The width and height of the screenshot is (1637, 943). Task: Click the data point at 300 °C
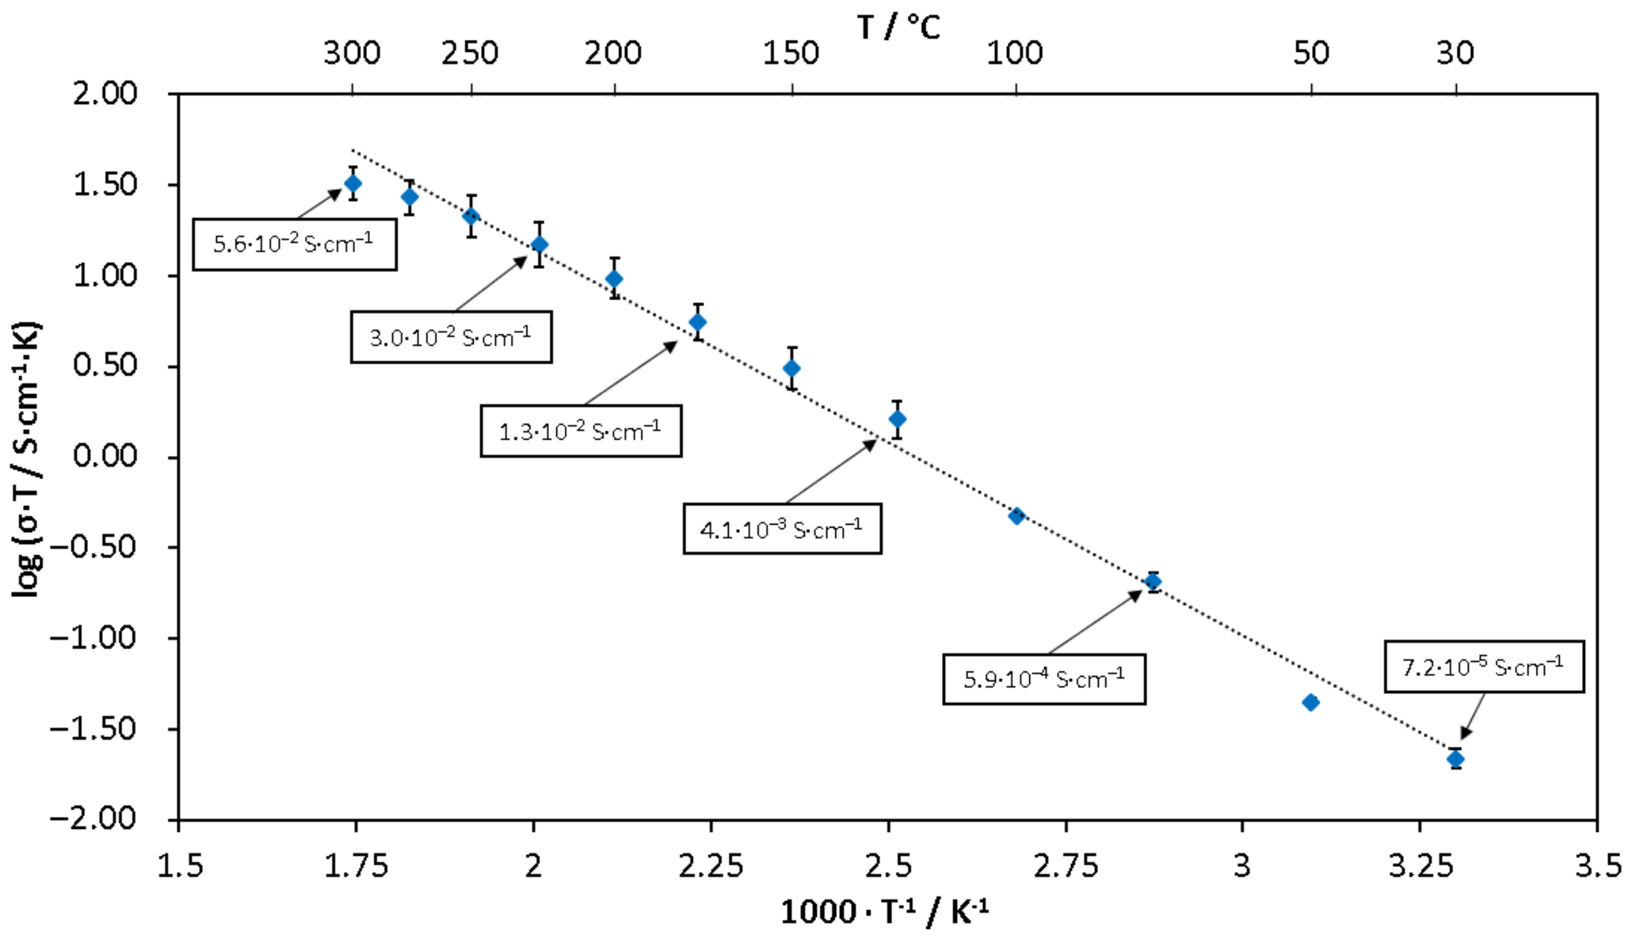pyautogui.click(x=353, y=183)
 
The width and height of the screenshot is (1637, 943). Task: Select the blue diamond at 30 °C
pyautogui.click(x=1455, y=758)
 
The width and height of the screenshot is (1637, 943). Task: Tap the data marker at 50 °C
pyautogui.click(x=1311, y=702)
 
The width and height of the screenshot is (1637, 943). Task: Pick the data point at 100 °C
pyautogui.click(x=1016, y=516)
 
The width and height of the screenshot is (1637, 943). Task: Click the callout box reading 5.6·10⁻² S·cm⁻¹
pyautogui.click(x=294, y=244)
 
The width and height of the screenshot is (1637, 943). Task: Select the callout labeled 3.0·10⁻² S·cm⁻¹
pyautogui.click(x=452, y=337)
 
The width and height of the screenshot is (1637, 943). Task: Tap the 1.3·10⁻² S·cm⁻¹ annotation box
pyautogui.click(x=581, y=432)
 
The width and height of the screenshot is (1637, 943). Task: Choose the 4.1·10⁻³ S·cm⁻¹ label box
pyautogui.click(x=782, y=529)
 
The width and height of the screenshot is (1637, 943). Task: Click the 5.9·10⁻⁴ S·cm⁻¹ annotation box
pyautogui.click(x=1044, y=679)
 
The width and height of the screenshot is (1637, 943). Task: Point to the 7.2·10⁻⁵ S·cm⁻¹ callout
pyautogui.click(x=1484, y=667)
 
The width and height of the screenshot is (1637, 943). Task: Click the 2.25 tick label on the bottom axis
pyautogui.click(x=711, y=866)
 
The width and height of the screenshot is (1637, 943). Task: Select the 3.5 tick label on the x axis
pyautogui.click(x=1598, y=866)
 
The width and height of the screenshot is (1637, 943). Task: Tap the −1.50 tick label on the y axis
pyautogui.click(x=94, y=729)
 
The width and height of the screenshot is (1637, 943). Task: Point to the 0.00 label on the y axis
pyautogui.click(x=105, y=457)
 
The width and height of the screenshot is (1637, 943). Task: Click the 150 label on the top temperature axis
pyautogui.click(x=791, y=53)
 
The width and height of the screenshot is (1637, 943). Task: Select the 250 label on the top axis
pyautogui.click(x=470, y=53)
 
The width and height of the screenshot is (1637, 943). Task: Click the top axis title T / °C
pyautogui.click(x=898, y=27)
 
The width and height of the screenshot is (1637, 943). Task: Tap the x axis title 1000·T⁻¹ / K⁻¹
pyautogui.click(x=884, y=912)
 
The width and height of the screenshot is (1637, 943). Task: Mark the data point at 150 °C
pyautogui.click(x=792, y=369)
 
